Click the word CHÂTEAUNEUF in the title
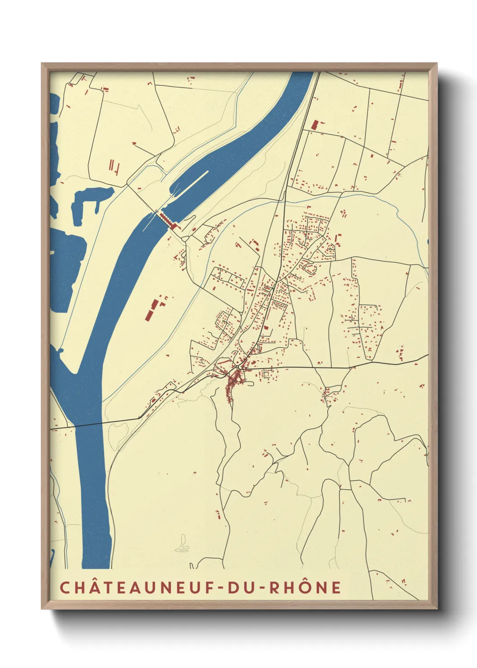138,587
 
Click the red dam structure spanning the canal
167,220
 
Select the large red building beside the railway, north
315,125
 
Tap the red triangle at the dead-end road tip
134,143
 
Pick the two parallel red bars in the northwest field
111,164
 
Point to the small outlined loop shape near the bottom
183,545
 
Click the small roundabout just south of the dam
184,237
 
